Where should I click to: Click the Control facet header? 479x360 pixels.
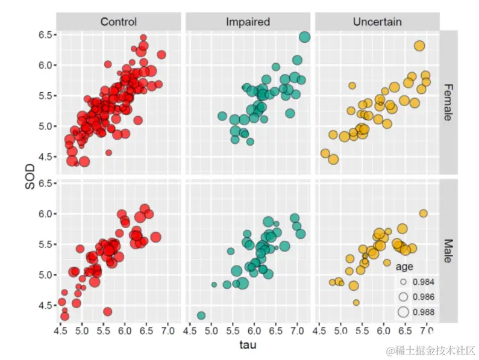pos(119,22)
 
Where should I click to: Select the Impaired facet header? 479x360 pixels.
pos(248,22)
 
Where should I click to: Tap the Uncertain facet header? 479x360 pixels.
pos(377,22)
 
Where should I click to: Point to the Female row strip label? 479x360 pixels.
pos(448,102)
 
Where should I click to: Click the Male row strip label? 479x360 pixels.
pos(448,250)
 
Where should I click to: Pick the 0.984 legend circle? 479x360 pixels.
pos(403,282)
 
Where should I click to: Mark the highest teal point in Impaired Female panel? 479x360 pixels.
pos(304,37)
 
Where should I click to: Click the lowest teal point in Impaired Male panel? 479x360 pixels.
pos(201,315)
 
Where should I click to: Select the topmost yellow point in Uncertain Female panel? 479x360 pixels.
pos(419,45)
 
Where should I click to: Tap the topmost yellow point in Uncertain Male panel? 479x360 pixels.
pos(423,213)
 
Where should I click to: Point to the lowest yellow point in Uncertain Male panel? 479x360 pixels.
pos(356,302)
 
